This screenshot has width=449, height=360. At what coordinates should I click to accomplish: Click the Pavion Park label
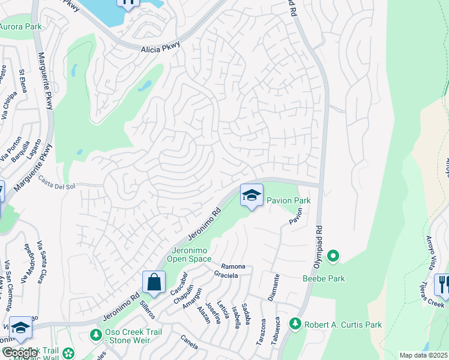(x=289, y=200)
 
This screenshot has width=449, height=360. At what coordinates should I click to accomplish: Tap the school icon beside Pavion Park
(x=252, y=195)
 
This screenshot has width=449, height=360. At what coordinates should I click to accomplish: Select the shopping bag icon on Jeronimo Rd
(x=154, y=282)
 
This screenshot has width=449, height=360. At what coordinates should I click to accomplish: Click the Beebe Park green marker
(x=332, y=257)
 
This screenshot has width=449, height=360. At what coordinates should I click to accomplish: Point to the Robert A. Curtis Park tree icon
(x=295, y=324)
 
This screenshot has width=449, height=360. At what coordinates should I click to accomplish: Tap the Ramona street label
(x=233, y=266)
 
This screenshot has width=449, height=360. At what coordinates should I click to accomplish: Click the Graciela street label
(x=226, y=275)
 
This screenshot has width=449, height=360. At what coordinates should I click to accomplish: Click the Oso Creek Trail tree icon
(x=95, y=334)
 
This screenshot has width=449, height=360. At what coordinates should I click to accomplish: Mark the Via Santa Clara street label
(x=41, y=259)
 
